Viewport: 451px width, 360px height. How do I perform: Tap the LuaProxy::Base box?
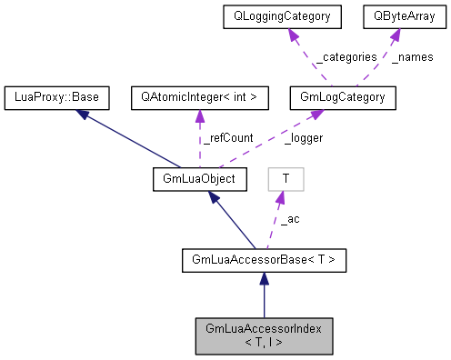pos(57,95)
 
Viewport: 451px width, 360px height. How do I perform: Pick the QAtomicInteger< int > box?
pos(199,95)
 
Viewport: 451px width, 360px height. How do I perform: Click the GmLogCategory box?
pos(342,95)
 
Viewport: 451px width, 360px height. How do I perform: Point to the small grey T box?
pos(286,179)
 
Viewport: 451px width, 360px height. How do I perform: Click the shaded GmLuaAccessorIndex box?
pos(264,335)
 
